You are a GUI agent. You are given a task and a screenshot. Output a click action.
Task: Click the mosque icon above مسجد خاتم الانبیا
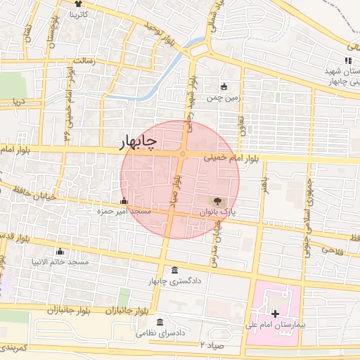pos(60,252)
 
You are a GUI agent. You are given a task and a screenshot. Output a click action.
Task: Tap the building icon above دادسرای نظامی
pos(160,322)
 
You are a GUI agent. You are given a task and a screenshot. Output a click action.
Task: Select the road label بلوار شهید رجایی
pos(189,99)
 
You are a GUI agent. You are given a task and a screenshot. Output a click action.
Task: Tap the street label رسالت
pos(93,61)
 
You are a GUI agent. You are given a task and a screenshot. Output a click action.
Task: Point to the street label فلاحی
pos(331,249)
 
